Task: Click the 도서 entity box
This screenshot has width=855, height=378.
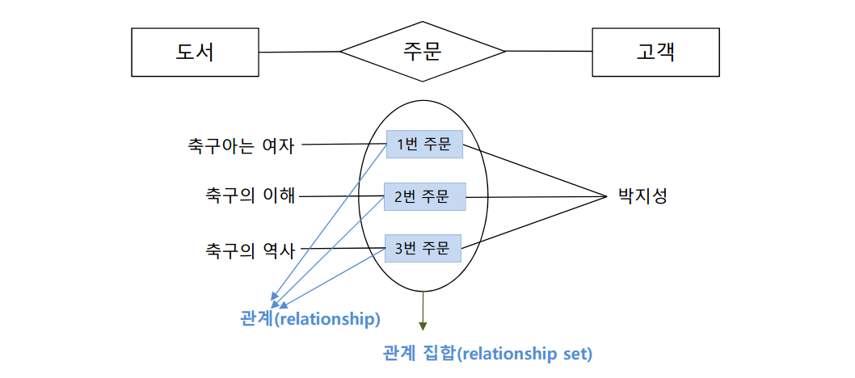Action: [195, 52]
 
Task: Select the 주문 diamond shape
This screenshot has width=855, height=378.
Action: [422, 52]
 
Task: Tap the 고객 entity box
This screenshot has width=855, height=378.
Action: [655, 52]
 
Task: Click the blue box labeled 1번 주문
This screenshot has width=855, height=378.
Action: [423, 145]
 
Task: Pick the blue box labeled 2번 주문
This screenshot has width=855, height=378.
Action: [425, 196]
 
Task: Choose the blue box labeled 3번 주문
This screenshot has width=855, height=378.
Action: [423, 246]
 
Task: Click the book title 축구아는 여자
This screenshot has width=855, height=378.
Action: [240, 146]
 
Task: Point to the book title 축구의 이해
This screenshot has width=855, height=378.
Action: [251, 196]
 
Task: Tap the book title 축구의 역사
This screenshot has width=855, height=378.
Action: [251, 249]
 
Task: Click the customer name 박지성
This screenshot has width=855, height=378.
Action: [642, 196]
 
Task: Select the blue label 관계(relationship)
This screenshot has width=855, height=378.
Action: [310, 318]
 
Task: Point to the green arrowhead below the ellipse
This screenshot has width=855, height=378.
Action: [422, 325]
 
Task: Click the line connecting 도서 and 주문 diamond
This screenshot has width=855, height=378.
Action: [298, 52]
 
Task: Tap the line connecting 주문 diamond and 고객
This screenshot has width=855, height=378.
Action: [550, 52]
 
